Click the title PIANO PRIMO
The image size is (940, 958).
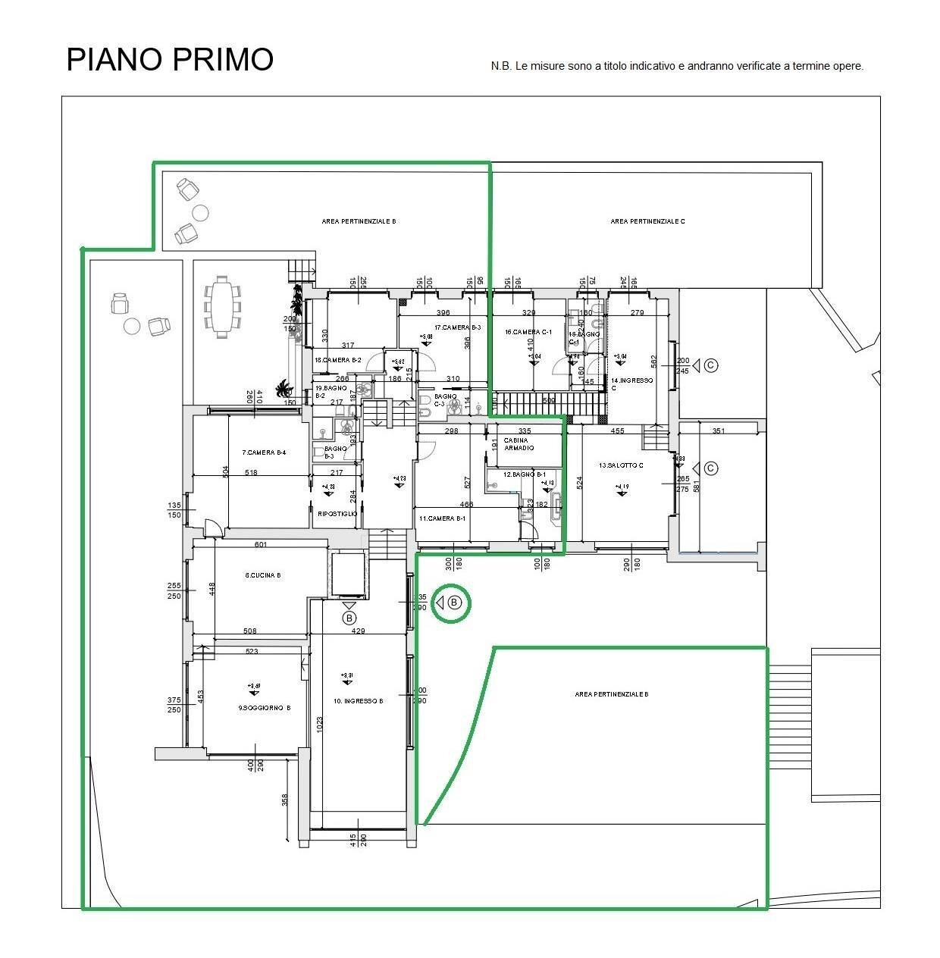[170, 59]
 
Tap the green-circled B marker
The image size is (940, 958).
[453, 603]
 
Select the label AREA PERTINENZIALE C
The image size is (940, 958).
[647, 221]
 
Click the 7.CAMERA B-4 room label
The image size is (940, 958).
[264, 452]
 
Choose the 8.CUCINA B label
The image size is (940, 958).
[263, 575]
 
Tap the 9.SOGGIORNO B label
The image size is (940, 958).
[265, 708]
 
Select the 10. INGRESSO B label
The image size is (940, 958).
[358, 701]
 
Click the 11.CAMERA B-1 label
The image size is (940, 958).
[442, 518]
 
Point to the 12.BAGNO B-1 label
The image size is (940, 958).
[525, 474]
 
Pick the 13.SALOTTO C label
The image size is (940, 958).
[620, 465]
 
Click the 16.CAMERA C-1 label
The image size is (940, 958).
[528, 332]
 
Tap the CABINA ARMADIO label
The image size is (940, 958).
[519, 444]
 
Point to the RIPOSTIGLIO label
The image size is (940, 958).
[337, 514]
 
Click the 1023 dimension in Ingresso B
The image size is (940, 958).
[321, 725]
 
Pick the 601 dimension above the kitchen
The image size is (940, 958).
[261, 544]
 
